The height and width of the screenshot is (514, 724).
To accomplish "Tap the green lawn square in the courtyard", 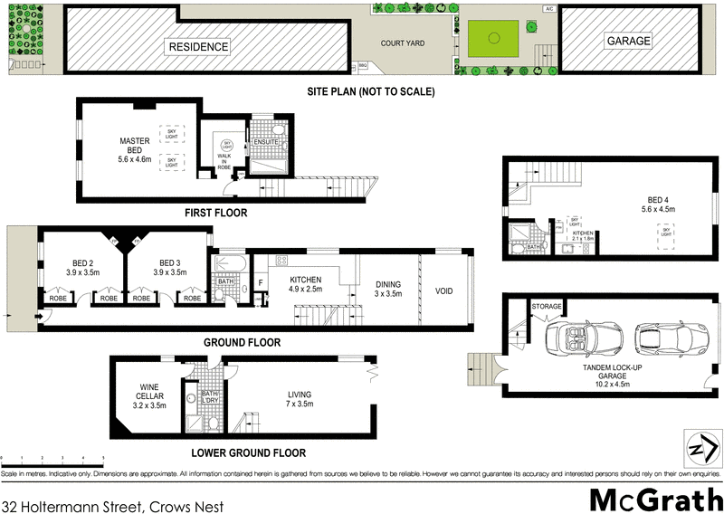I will (493, 38).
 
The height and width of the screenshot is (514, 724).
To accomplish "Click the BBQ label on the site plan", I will (364, 65).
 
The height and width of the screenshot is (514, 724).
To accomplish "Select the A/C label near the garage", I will (548, 9).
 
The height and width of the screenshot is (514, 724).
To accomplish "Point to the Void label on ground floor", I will (443, 290).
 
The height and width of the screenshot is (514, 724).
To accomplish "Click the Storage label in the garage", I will (547, 307).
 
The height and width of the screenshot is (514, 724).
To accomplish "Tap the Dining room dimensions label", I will (387, 294).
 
